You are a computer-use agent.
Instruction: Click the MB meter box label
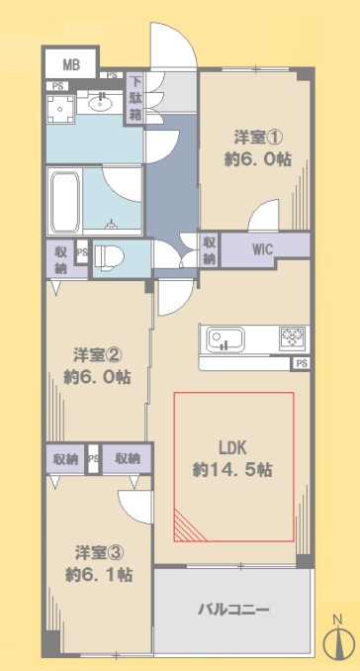coord(71,65)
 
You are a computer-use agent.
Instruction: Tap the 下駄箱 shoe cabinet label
coord(135,98)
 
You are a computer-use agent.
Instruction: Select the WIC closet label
coord(262,249)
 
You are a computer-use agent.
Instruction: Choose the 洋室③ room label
coord(100,552)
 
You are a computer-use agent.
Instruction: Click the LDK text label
coord(233,448)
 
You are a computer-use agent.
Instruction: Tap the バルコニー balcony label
coord(233,610)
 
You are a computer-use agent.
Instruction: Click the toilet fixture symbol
coord(109,257)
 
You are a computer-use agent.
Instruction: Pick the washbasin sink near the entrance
coord(101,103)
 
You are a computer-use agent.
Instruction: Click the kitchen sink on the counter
coord(225,339)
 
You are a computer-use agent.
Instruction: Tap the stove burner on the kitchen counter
coord(293,337)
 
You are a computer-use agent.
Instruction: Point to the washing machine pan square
coord(60,109)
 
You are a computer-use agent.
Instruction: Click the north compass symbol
coord(339,639)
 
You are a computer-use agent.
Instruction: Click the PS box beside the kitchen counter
coord(302,364)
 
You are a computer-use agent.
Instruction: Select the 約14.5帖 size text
coord(233,470)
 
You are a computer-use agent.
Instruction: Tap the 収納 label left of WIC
coord(209,249)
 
